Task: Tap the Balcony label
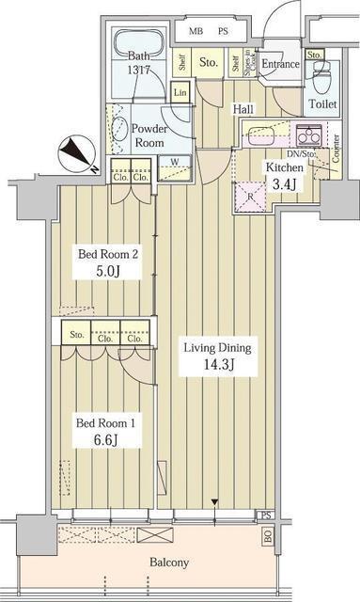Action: pyautogui.click(x=168, y=562)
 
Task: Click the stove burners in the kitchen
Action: pyautogui.click(x=308, y=135)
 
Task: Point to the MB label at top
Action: pyautogui.click(x=196, y=31)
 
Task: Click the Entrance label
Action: pyautogui.click(x=280, y=65)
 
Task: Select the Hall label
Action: pyautogui.click(x=243, y=109)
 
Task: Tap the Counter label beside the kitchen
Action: pyautogui.click(x=336, y=148)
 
